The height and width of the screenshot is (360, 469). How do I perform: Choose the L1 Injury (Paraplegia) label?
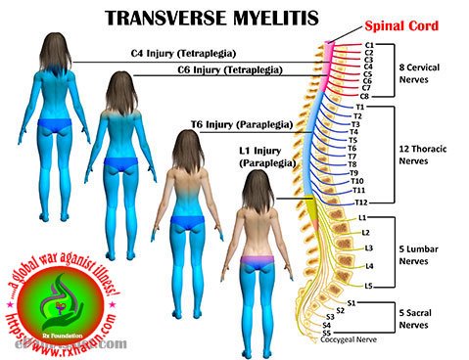tap(265, 157)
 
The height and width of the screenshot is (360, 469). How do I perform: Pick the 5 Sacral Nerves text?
tap(416, 317)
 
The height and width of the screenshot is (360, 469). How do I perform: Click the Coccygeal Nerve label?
tap(369, 341)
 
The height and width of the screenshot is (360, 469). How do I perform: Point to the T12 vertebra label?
tap(360, 202)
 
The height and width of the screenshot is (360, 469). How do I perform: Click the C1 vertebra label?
tap(368, 45)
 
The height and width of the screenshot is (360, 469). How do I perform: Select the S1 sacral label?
tap(351, 303)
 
